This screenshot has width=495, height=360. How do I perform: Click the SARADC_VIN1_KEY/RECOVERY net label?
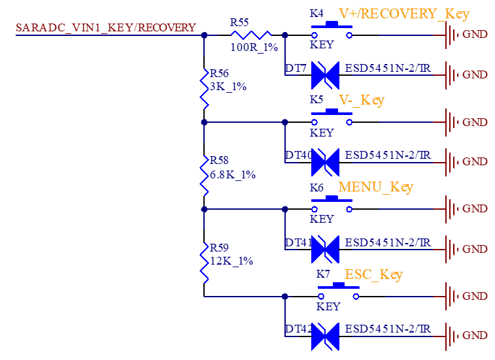106,27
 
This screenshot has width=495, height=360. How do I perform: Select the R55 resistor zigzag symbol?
251,35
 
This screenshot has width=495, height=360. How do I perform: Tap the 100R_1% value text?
254,47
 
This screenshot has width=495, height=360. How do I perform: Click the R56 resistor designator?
219,74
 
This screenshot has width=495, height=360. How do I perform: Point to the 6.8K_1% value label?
233,174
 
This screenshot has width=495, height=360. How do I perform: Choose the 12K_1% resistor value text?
231,261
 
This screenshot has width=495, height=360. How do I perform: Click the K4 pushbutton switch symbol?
332,30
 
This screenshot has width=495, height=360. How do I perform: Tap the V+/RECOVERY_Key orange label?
404,14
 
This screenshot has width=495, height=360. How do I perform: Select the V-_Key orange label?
362,101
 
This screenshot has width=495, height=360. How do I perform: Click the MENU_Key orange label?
376,187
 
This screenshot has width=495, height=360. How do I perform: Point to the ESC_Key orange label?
374,274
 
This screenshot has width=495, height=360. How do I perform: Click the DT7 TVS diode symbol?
325,75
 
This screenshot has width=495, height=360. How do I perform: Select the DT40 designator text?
299,155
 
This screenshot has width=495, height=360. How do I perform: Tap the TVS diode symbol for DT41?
325,249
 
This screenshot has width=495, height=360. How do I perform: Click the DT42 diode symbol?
325,336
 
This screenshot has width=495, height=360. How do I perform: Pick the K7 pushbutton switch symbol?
339,291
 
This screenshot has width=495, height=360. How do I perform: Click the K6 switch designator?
316,188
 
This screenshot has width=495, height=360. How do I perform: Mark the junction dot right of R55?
284,35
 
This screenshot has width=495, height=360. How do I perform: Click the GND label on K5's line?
475,122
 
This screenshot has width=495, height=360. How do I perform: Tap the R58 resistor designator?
219,160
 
